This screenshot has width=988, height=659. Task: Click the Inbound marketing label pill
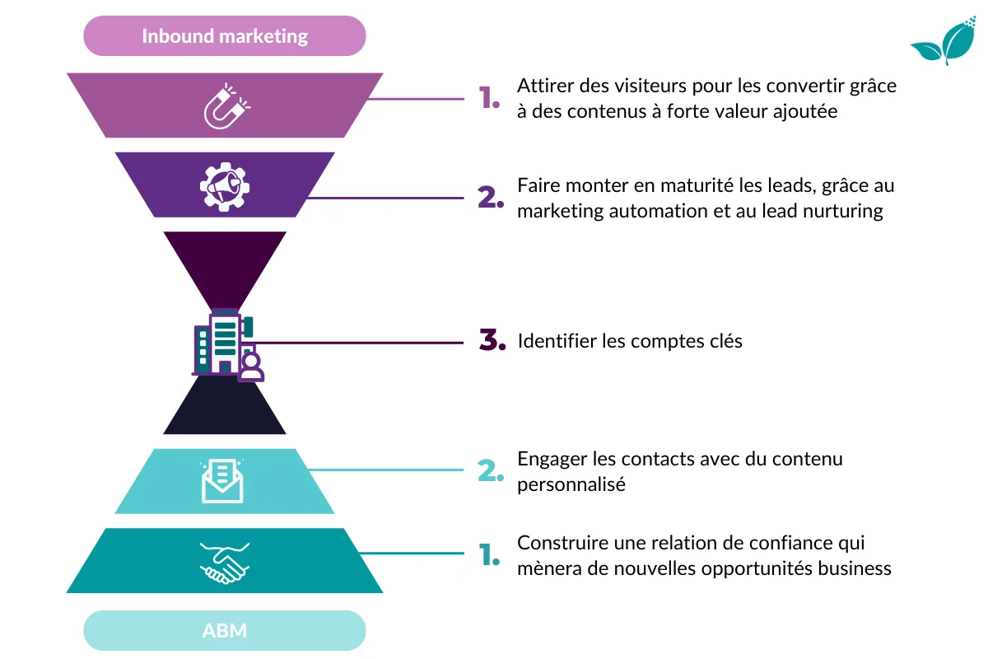pos(225,36)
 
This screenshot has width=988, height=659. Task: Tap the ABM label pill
pos(225,631)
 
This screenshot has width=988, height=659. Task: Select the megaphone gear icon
pos(225,185)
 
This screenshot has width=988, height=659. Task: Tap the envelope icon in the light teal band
pos(223,481)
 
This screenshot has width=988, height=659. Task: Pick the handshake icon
pos(225,563)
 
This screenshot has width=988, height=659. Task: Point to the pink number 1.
pos(490,99)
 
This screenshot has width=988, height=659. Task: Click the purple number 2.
pos(491,198)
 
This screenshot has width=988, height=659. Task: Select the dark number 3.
pos(492,340)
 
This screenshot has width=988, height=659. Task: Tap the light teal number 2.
pos(491,471)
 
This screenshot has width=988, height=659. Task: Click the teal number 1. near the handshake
pos(490,555)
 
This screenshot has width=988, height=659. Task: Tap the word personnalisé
pos(571,484)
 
